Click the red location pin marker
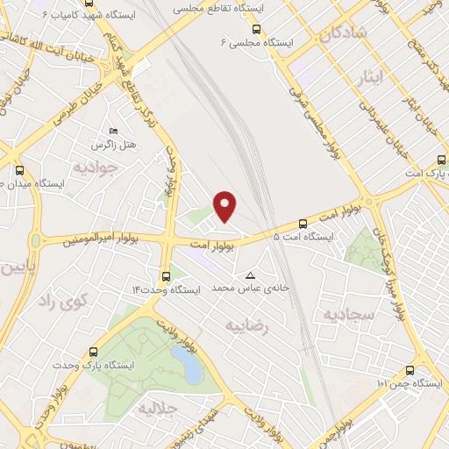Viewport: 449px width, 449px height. [x=226, y=205]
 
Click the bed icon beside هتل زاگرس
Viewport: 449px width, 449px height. [x=112, y=131]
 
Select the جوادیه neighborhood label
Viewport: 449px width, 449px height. [x=94, y=166]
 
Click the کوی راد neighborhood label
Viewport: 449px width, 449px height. [x=66, y=302]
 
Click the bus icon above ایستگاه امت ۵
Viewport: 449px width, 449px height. [x=303, y=224]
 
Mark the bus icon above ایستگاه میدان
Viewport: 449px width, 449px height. [x=20, y=171]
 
